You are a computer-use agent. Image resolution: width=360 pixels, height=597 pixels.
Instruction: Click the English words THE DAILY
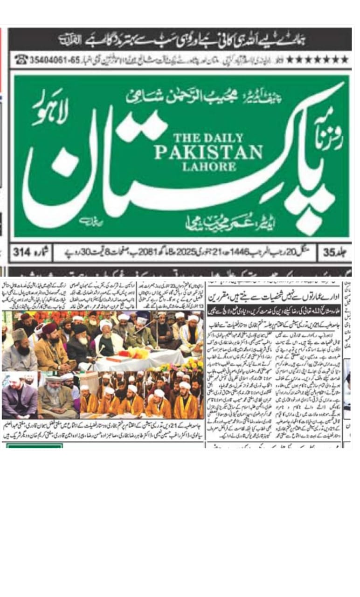coord(208,138)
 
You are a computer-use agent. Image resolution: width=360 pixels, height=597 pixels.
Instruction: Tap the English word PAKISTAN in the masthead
coord(208,152)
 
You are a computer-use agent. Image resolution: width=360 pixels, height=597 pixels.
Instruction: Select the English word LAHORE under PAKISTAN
coord(208,166)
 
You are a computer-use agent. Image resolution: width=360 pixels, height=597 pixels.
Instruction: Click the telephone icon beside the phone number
coord(21,60)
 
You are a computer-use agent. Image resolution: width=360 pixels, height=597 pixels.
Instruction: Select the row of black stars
coord(317,60)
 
